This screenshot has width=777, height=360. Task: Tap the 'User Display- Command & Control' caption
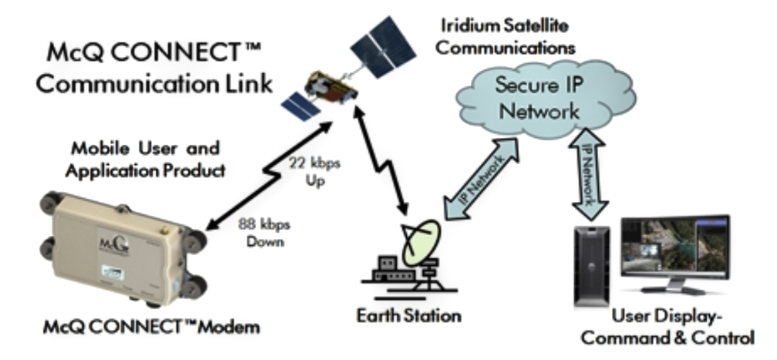point(678,327)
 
